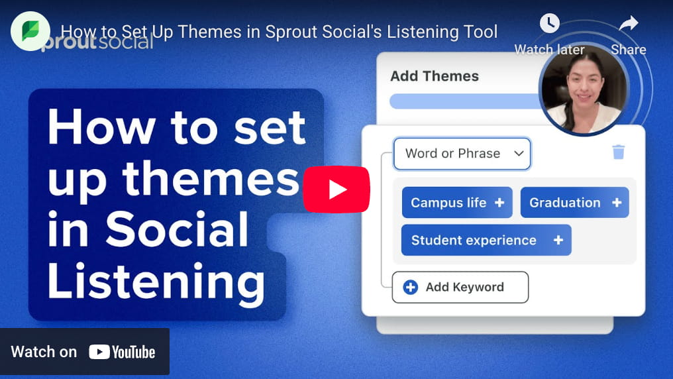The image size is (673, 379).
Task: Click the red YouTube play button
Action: tap(336, 189)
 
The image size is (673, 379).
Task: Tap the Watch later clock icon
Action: tap(549, 24)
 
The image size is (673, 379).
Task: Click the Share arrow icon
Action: tap(628, 25)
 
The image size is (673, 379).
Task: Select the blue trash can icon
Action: tap(619, 152)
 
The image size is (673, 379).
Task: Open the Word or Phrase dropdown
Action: tap(462, 154)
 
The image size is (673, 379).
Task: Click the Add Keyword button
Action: tap(460, 287)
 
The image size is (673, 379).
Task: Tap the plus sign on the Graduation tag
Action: tap(617, 203)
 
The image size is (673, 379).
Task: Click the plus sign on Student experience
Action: tap(558, 240)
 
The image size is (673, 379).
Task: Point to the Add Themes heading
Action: tap(435, 76)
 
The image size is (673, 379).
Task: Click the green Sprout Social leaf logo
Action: tap(30, 31)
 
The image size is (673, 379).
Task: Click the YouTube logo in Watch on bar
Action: tap(122, 352)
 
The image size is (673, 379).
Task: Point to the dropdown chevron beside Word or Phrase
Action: tap(519, 154)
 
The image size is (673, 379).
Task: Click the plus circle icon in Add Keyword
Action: tap(411, 287)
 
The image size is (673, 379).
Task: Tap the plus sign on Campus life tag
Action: tap(500, 203)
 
